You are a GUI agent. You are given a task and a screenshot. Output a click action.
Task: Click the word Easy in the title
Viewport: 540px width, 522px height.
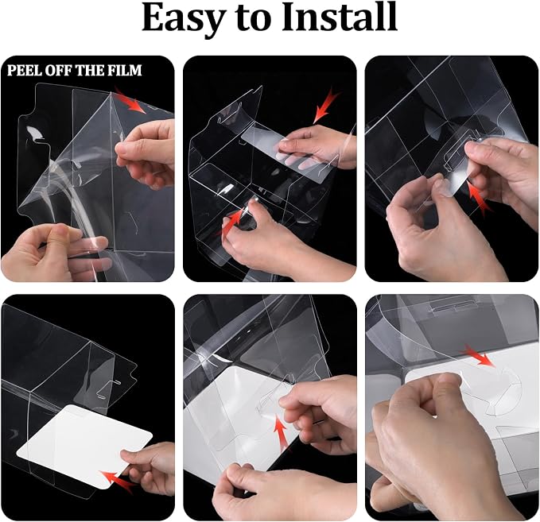click(x=181, y=18)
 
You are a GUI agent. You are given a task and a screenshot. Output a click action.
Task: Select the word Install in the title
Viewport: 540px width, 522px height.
click(x=340, y=17)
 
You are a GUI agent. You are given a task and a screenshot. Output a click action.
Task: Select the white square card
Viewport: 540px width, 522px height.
click(x=84, y=447)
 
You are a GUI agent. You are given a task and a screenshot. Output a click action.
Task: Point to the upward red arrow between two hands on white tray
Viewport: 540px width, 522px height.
click(x=282, y=435)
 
